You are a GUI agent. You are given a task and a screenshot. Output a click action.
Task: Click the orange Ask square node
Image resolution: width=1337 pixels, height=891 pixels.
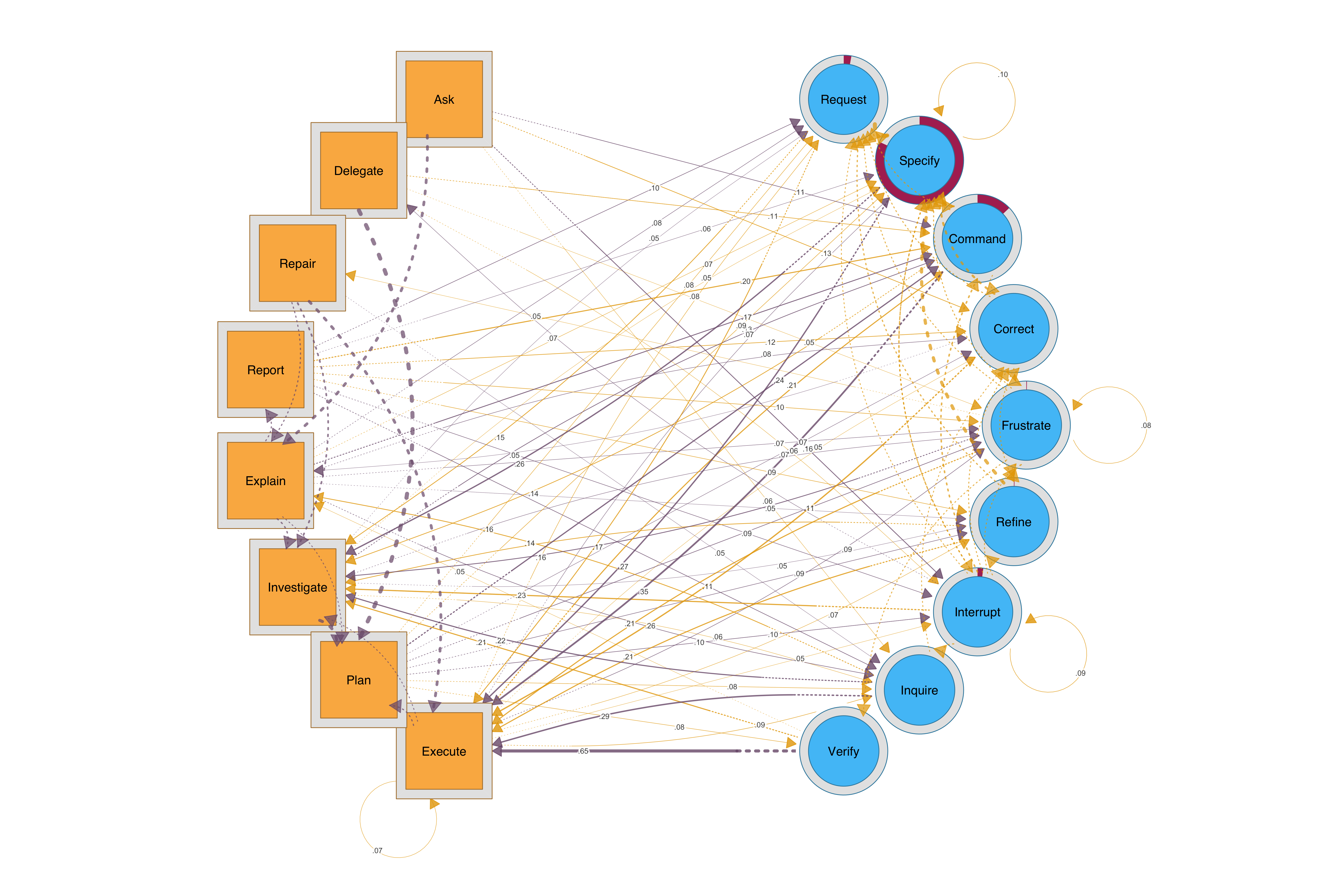coord(444,99)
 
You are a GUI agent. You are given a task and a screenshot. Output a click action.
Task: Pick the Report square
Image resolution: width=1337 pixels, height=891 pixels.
coord(265,370)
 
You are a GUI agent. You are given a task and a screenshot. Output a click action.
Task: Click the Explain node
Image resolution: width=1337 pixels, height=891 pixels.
coord(265,481)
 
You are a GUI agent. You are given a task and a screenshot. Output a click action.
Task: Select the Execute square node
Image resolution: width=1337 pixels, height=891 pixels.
coord(444,751)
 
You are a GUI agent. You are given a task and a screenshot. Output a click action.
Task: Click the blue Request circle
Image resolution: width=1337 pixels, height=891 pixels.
coord(844,99)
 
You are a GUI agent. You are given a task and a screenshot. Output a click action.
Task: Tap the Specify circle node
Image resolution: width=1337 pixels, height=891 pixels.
coord(919,161)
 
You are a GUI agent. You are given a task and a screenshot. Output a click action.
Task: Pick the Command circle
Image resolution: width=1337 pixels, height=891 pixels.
coord(977,239)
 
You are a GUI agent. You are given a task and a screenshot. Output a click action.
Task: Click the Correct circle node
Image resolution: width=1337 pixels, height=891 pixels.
coord(1014,329)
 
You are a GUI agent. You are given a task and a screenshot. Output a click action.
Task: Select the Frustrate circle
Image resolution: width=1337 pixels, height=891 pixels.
coord(1026,425)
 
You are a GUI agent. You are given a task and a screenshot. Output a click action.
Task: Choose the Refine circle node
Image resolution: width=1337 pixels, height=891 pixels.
coord(1014,522)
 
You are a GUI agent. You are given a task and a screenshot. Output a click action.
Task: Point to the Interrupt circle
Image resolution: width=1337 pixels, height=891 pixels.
coord(977,612)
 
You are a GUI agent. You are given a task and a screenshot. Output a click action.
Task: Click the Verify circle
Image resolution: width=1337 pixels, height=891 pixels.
coord(844,751)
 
